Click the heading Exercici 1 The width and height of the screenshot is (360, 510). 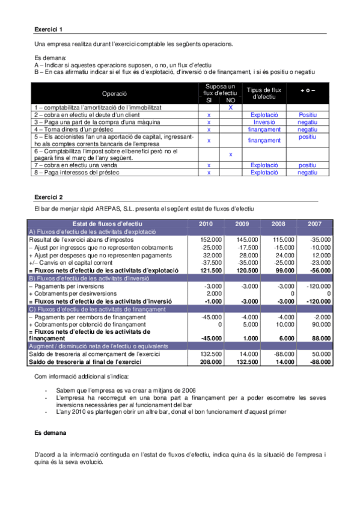[x=48, y=29]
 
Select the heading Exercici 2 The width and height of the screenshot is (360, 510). [x=48, y=197]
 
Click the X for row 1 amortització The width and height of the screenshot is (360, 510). [x=230, y=107]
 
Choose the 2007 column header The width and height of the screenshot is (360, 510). [x=315, y=224]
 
